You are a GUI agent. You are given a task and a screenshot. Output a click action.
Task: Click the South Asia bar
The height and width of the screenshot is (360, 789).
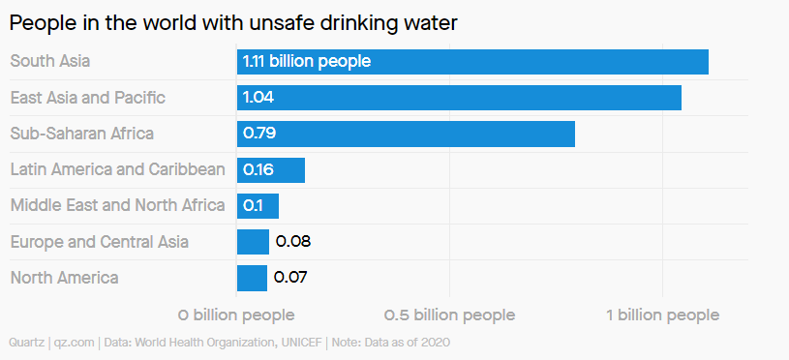tap(472, 62)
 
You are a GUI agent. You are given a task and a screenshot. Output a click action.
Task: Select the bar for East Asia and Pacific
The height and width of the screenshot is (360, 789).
tap(459, 98)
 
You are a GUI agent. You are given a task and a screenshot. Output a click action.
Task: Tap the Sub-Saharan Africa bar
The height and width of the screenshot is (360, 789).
tap(406, 134)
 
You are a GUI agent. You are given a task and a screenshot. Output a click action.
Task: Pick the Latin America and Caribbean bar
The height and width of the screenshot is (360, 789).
tap(271, 170)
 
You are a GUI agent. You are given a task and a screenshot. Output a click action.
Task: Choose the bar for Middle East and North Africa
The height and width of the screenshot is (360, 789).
tap(258, 206)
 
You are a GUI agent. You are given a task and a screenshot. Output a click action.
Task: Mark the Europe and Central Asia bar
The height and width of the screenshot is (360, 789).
tap(253, 242)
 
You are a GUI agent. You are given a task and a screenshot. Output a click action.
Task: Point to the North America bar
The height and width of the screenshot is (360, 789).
tap(252, 278)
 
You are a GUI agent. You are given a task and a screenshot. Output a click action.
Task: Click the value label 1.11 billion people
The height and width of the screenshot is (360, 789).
tap(306, 62)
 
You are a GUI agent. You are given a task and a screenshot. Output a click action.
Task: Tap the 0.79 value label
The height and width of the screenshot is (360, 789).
tap(260, 134)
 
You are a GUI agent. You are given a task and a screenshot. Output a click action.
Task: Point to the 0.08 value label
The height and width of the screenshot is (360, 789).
tap(292, 242)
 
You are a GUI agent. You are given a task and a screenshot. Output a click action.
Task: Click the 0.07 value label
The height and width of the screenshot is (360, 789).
tap(290, 278)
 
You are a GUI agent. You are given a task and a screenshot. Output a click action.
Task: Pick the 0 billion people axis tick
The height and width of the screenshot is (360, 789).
tap(236, 315)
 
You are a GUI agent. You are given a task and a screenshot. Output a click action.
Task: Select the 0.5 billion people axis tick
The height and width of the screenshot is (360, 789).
tap(449, 315)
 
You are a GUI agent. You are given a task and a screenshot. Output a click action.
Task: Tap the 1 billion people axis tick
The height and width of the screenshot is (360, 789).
tap(662, 315)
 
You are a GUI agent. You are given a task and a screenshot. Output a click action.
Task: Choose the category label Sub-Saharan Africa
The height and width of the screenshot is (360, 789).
tap(81, 134)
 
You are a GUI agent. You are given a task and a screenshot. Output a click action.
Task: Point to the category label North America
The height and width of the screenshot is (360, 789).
tap(64, 278)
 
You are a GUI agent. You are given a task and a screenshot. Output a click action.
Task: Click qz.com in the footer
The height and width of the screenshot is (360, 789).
tap(74, 342)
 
